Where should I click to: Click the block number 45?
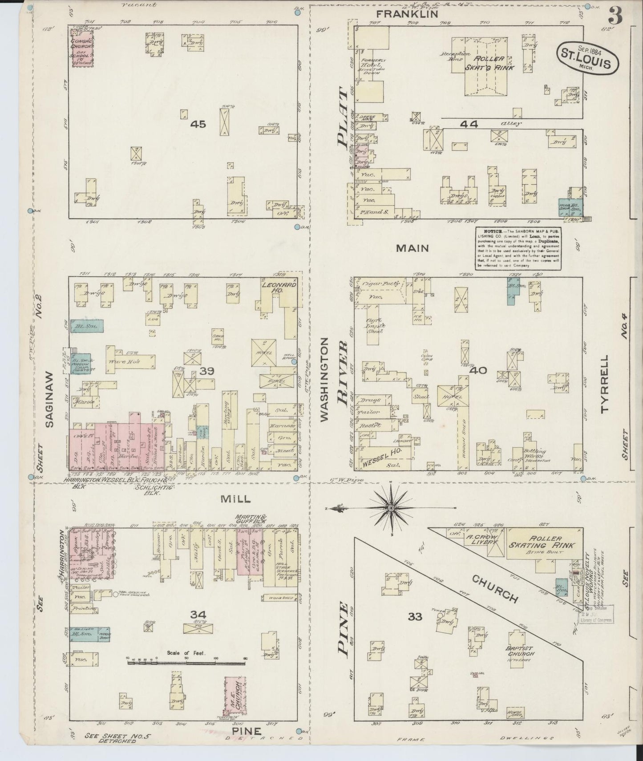(x=198, y=124)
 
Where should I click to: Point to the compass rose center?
(x=391, y=508)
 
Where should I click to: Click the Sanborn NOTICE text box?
(x=518, y=248)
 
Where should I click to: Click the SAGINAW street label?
(x=49, y=399)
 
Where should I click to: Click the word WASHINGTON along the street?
(x=324, y=379)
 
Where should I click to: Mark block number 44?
(x=469, y=125)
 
